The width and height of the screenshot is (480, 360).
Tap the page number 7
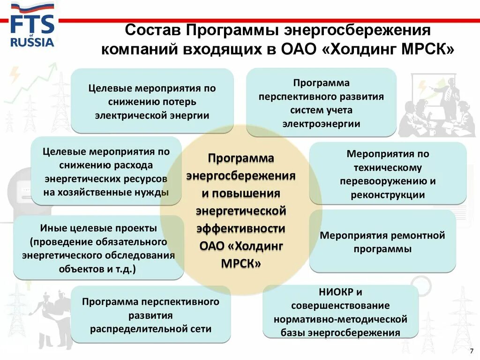(x=471, y=351)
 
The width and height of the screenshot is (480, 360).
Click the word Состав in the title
(x=152, y=31)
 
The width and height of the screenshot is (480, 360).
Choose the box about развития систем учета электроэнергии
(x=321, y=103)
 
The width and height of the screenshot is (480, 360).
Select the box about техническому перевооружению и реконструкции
(x=388, y=174)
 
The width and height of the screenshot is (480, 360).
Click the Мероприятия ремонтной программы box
(x=382, y=241)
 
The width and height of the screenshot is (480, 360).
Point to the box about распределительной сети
(x=150, y=315)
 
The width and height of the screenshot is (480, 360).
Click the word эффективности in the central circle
(x=241, y=228)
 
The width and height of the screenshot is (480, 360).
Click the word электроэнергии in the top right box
(x=321, y=124)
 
